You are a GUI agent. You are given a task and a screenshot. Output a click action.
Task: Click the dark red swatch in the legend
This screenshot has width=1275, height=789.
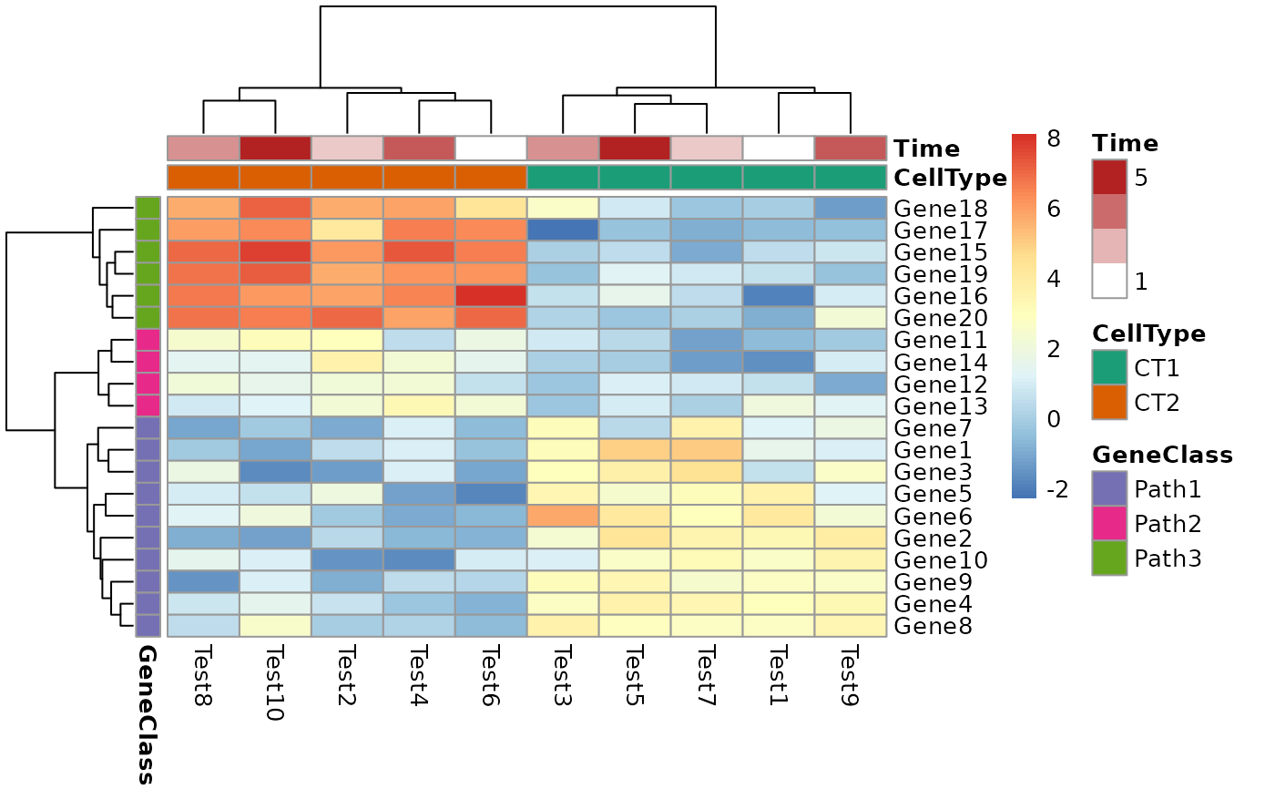(1109, 177)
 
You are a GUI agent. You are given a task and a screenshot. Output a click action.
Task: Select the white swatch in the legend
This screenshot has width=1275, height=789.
(1109, 281)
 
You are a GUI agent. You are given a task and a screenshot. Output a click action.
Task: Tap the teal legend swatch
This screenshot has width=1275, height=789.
(1109, 367)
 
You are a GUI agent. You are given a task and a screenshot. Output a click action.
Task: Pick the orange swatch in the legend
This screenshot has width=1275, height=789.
(1109, 402)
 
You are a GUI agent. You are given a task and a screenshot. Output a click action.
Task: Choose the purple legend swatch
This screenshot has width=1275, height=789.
(1109, 488)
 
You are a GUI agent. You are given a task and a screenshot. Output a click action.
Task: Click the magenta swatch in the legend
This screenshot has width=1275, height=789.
(1109, 523)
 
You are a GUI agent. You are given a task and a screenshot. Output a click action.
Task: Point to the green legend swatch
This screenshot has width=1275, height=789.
(1109, 558)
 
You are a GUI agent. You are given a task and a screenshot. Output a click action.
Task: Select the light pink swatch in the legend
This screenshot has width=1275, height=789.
(1109, 246)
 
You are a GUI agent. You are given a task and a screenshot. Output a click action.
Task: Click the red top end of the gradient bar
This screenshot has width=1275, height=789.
(1024, 138)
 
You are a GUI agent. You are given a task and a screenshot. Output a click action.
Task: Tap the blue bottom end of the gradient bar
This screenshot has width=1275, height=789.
(1024, 494)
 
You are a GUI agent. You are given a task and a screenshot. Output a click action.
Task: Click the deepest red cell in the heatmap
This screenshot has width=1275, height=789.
(491, 295)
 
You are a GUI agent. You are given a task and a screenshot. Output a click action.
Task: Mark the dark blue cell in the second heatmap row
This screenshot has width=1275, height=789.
(563, 230)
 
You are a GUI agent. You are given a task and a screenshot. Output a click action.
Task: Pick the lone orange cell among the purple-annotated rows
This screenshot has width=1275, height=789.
(563, 516)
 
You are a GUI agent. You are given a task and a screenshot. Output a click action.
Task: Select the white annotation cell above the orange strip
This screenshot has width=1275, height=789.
(491, 148)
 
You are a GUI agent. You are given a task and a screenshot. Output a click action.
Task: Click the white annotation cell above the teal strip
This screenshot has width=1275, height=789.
(779, 148)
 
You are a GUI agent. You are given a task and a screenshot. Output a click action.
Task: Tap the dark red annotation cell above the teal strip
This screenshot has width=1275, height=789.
(635, 148)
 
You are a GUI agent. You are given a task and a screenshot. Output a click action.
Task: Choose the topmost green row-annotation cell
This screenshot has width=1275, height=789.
(148, 208)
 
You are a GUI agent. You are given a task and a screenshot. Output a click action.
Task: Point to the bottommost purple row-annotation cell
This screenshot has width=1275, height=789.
(148, 625)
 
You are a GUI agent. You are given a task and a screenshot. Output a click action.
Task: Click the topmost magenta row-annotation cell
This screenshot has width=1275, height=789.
(148, 339)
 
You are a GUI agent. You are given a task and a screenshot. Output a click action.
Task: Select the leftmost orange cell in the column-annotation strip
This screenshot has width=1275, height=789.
(203, 177)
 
